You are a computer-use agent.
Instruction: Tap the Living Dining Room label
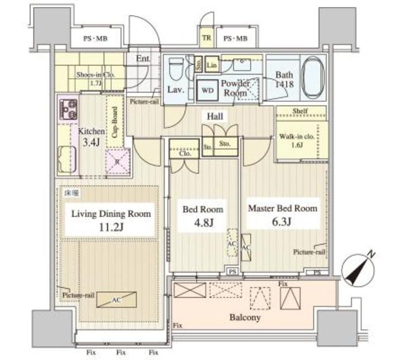coord(111,214)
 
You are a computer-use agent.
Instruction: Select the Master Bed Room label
coord(282,208)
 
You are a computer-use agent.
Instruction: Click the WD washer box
coord(206,89)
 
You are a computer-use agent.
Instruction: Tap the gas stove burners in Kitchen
coord(67,108)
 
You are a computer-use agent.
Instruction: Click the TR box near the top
coord(206,39)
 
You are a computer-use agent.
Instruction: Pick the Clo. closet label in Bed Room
coord(184,152)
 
